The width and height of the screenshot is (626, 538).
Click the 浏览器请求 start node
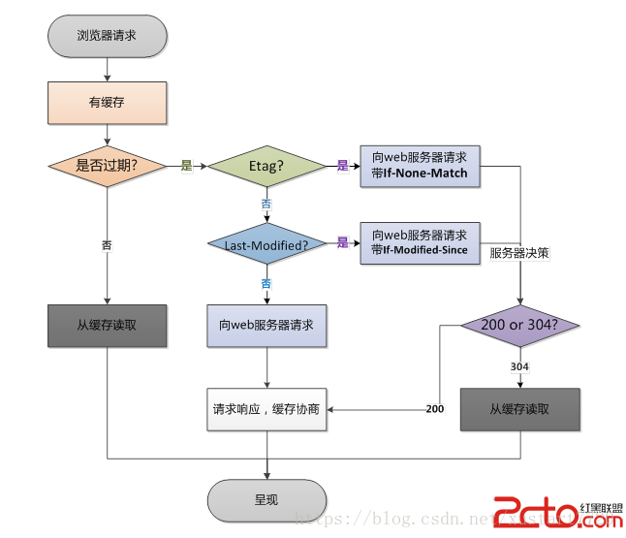coord(107,36)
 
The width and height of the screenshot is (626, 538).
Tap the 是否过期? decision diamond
coord(107,165)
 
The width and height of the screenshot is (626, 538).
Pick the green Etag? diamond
coord(266,166)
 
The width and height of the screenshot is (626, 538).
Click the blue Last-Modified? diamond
coord(266,245)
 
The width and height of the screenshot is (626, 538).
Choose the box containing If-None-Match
coord(420,165)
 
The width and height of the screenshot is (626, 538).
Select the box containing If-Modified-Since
coord(420,243)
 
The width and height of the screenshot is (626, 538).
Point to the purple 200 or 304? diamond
coord(520,326)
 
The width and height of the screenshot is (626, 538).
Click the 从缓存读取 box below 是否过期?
coord(107,326)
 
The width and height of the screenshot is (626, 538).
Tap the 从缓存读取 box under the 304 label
coord(520,409)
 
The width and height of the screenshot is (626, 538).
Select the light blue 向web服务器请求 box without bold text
coord(266,326)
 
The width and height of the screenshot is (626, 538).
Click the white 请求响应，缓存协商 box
coord(266,409)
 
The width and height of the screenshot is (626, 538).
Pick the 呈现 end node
coord(266,500)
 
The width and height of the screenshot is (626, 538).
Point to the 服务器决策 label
coord(519,253)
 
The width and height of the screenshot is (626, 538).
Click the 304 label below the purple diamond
coord(520,367)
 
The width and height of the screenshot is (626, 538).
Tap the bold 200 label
coord(435,409)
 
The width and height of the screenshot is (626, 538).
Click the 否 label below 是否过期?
coord(107,245)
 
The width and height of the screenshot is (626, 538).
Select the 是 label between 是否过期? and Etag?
coord(186,166)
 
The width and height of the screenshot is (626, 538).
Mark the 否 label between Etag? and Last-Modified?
coord(266,204)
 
